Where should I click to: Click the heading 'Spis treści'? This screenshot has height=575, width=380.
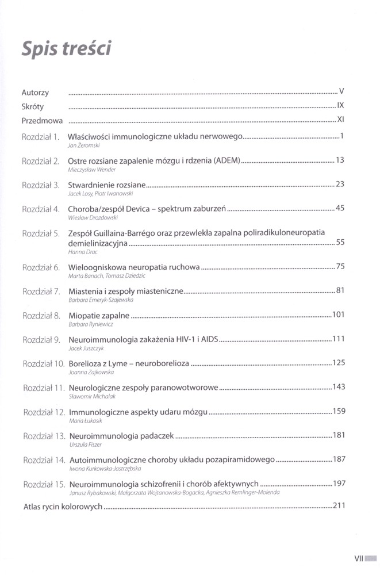(66, 48)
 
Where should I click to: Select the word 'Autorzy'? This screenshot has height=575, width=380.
(35, 93)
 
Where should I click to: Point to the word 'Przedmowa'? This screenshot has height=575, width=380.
(42, 121)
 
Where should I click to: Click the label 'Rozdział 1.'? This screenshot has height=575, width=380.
(41, 137)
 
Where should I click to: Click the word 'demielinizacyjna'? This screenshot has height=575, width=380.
(97, 243)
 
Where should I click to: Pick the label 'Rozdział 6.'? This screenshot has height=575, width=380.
(41, 267)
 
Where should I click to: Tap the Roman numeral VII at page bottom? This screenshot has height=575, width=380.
(359, 557)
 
